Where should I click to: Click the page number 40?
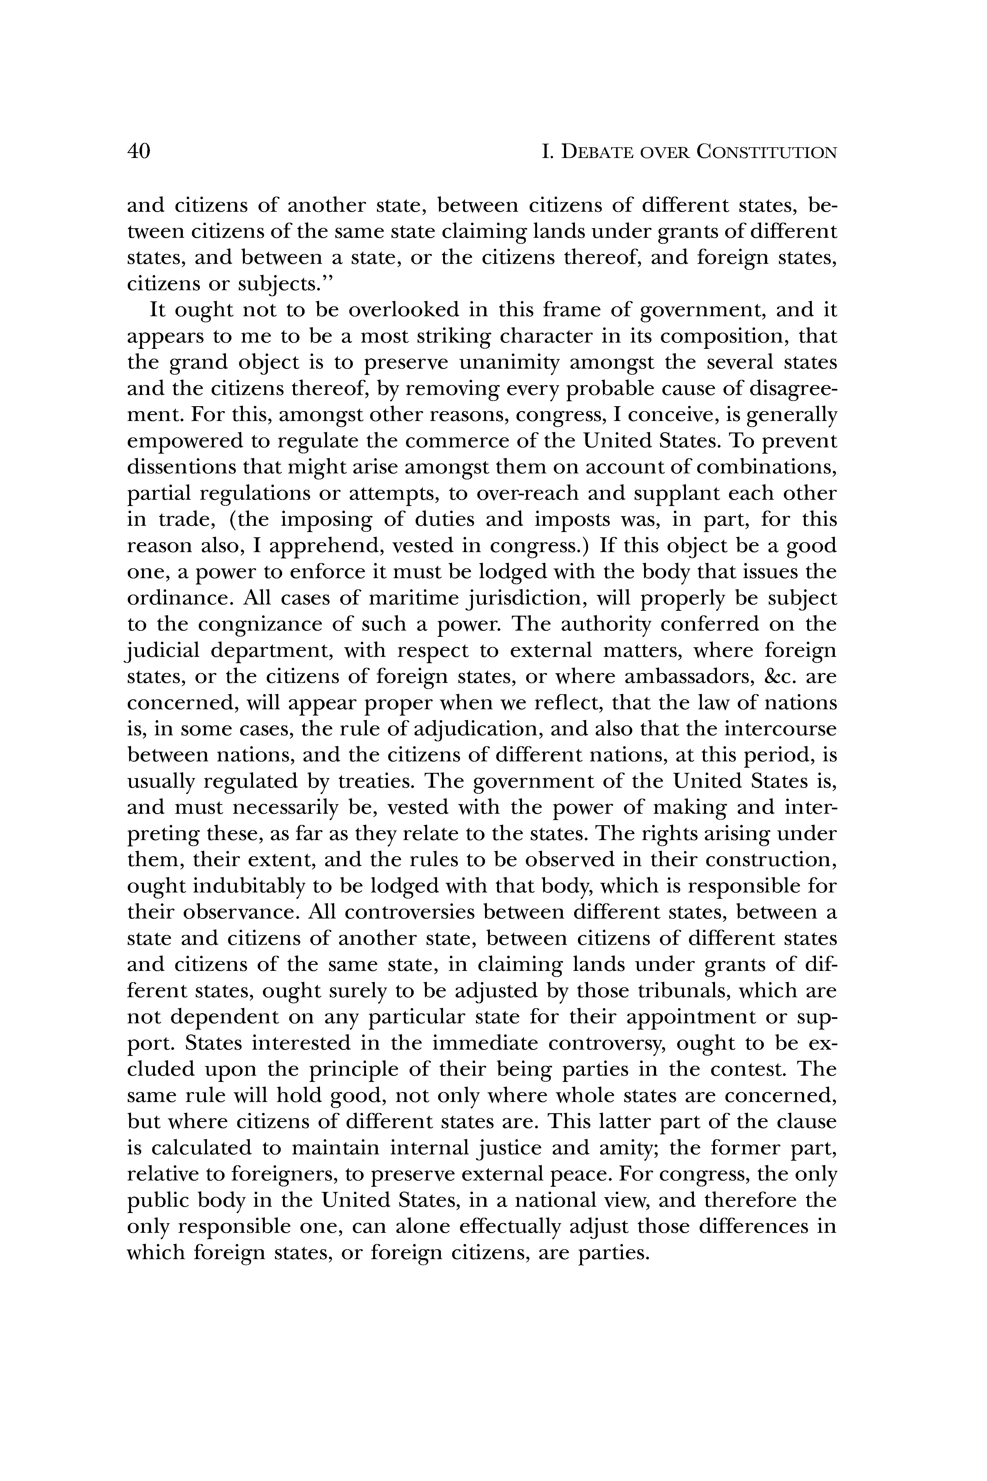tap(138, 152)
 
